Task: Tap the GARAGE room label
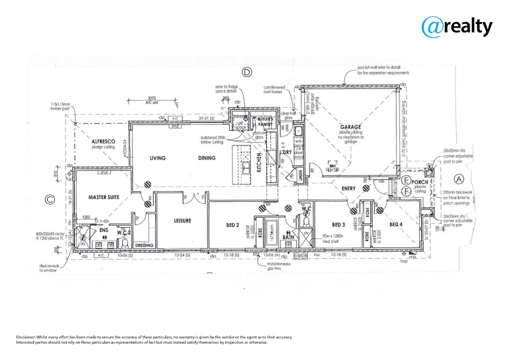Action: (x=350, y=127)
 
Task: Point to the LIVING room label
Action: (x=157, y=158)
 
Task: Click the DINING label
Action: (x=207, y=158)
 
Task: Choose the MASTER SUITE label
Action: (x=104, y=197)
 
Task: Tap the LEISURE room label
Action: (x=182, y=221)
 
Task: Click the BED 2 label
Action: (x=233, y=225)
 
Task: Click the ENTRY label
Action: (x=348, y=188)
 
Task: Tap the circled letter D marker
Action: (x=247, y=72)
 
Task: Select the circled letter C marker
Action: (x=50, y=198)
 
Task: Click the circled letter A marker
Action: (x=459, y=179)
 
